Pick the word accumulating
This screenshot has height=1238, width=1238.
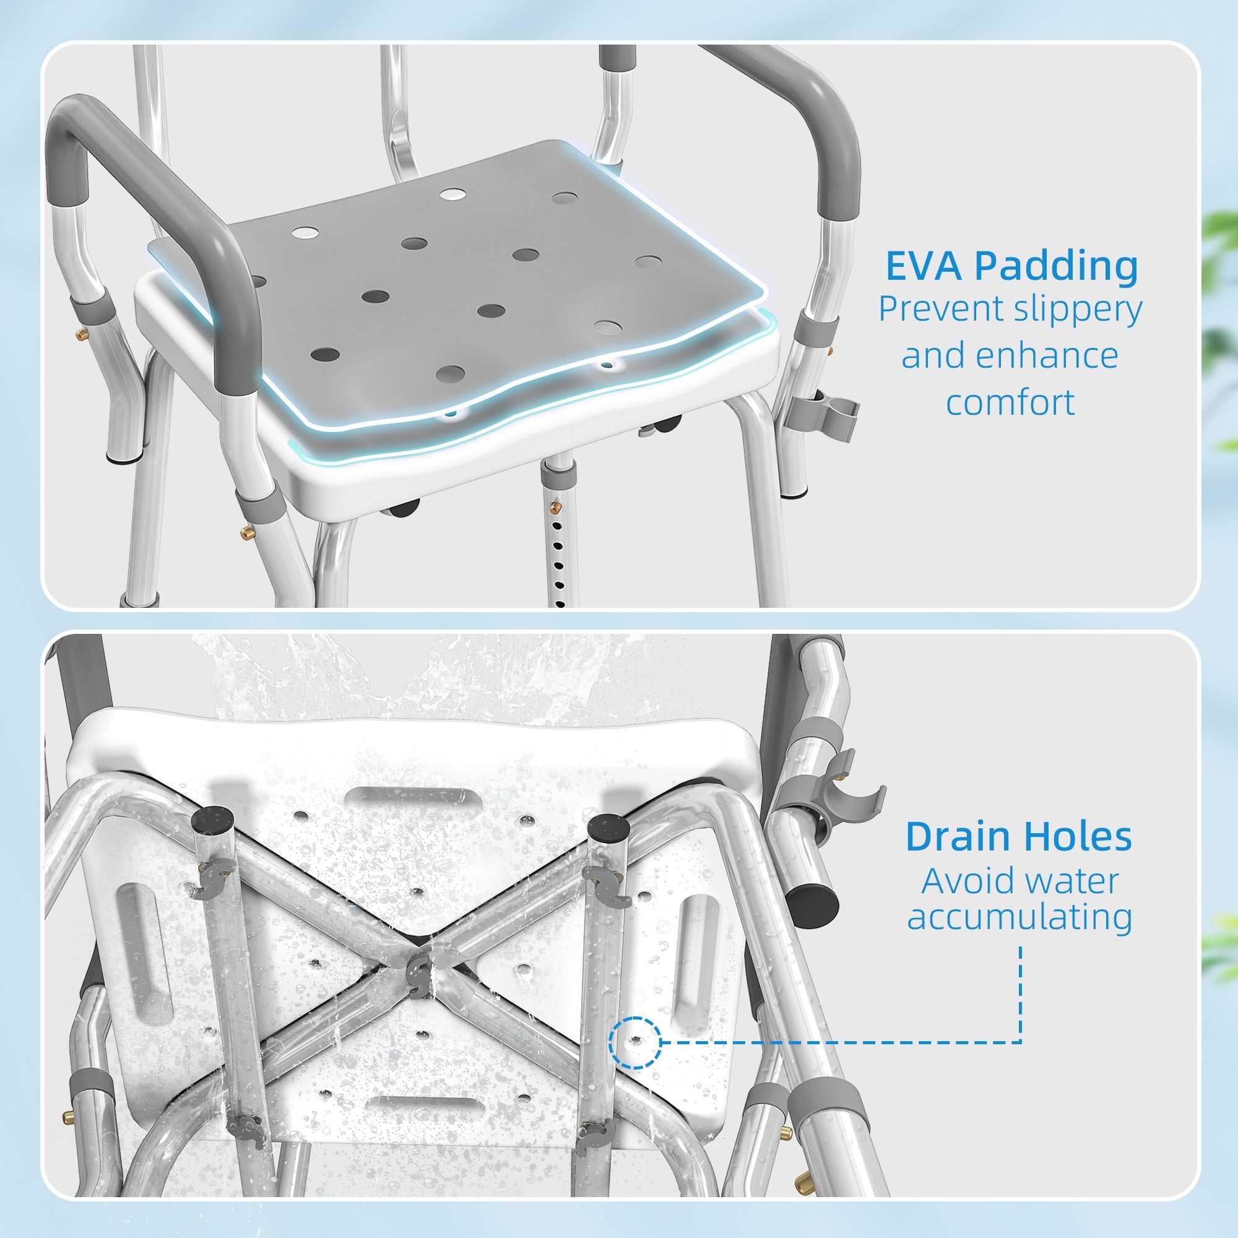[1019, 917]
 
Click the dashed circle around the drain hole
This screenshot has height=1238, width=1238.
[635, 1042]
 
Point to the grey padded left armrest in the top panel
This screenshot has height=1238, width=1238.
[160, 193]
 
